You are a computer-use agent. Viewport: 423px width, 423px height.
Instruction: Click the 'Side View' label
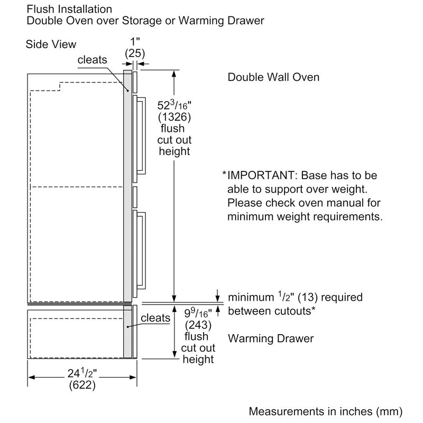click(x=51, y=44)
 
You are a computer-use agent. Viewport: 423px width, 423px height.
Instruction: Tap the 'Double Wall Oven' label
click(x=273, y=77)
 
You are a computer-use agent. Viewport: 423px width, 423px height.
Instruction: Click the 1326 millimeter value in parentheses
click(x=174, y=117)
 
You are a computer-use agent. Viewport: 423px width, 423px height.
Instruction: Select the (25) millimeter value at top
click(x=135, y=53)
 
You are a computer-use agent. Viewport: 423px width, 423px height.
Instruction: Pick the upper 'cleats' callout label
click(x=92, y=60)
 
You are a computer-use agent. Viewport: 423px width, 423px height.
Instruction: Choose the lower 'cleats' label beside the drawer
click(x=155, y=318)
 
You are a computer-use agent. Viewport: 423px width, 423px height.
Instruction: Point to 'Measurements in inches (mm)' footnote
click(x=325, y=410)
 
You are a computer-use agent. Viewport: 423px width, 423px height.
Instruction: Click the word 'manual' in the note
click(x=331, y=203)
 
